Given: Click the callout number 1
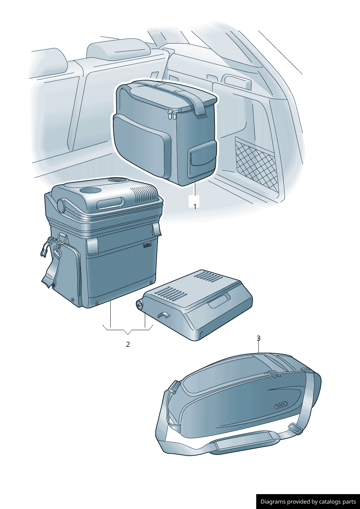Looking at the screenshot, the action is coord(195,206).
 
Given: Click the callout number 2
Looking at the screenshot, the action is coord(128,345).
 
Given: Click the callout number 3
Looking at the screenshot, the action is coord(258,338).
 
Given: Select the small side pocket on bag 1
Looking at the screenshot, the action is coord(202,157).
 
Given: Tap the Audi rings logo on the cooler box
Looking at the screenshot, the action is coord(147,245).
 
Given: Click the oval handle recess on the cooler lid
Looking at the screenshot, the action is coord(110,203).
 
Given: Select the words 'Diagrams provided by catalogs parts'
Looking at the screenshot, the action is coord(308,501).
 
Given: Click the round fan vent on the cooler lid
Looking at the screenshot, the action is coord(117,181).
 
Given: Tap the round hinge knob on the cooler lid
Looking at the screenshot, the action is coord(61,203).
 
